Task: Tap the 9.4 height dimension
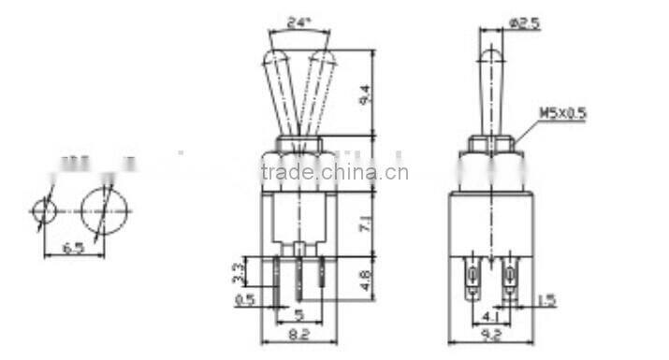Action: click(367, 93)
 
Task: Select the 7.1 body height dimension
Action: click(367, 224)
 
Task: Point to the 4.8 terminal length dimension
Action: click(367, 278)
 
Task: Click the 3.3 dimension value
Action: click(240, 274)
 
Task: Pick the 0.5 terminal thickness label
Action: click(245, 301)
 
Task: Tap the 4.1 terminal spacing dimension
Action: click(490, 316)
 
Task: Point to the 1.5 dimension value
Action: click(548, 301)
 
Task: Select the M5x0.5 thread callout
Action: click(562, 114)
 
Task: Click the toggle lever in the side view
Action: click(490, 89)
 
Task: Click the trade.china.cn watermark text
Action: click(334, 172)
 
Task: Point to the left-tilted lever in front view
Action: click(280, 94)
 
